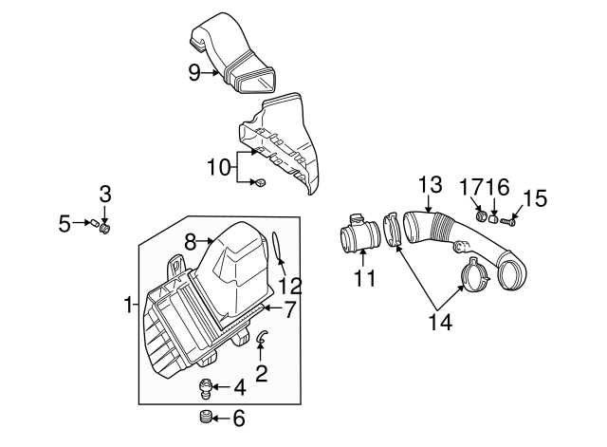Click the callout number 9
(193, 72)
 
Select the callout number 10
(219, 167)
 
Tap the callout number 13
(430, 184)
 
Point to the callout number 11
(364, 279)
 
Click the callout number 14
(438, 322)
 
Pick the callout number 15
(535, 198)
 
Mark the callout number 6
(238, 419)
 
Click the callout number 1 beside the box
(128, 305)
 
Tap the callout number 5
(64, 224)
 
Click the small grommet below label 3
(104, 229)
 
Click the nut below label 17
(480, 217)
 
